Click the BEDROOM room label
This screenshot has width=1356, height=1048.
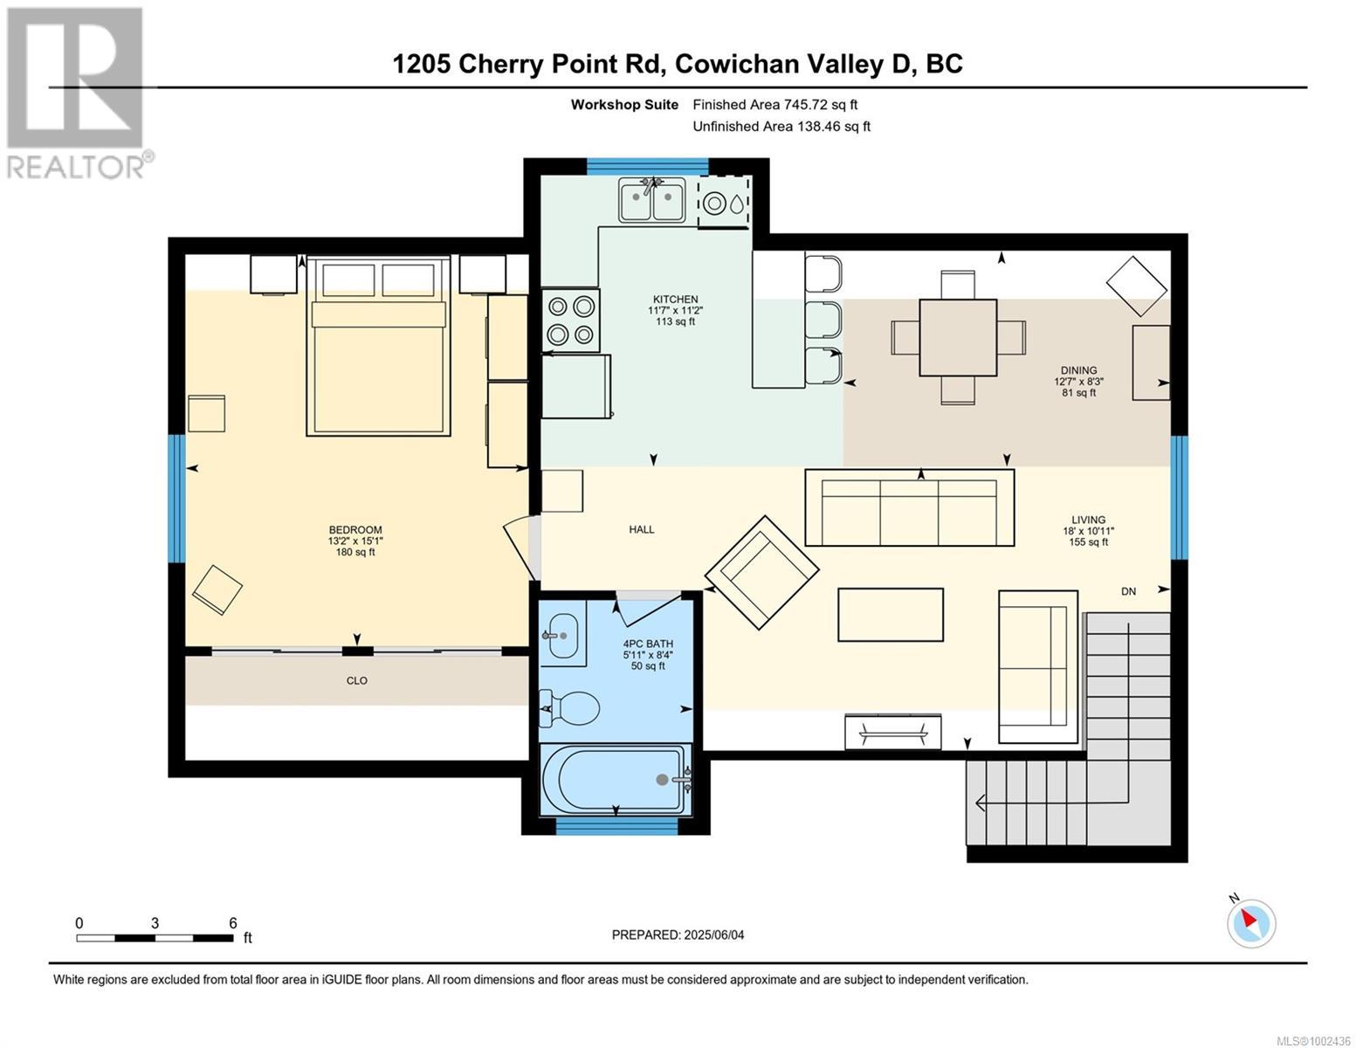pyautogui.click(x=355, y=530)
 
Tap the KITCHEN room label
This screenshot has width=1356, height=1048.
pyautogui.click(x=675, y=300)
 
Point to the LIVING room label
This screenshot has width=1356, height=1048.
pyautogui.click(x=1088, y=520)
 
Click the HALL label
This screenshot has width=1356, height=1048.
pyautogui.click(x=642, y=530)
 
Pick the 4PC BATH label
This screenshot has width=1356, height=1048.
pyautogui.click(x=648, y=644)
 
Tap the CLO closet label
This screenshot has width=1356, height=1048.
pyautogui.click(x=357, y=681)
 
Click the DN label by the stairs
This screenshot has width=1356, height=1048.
pyautogui.click(x=1128, y=592)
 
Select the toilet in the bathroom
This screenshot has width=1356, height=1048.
pyautogui.click(x=569, y=708)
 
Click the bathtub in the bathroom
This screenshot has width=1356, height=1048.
pyautogui.click(x=616, y=780)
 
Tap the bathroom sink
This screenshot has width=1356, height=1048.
pyautogui.click(x=563, y=636)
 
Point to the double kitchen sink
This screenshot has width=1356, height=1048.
pyautogui.click(x=652, y=198)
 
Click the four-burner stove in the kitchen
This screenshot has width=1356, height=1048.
pyautogui.click(x=570, y=321)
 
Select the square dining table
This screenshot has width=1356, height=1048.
pyautogui.click(x=958, y=338)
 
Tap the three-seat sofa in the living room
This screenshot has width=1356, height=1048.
pyautogui.click(x=909, y=507)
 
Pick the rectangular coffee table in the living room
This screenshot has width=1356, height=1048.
pyautogui.click(x=891, y=615)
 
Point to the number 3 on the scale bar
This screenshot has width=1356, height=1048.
pyautogui.click(x=155, y=922)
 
